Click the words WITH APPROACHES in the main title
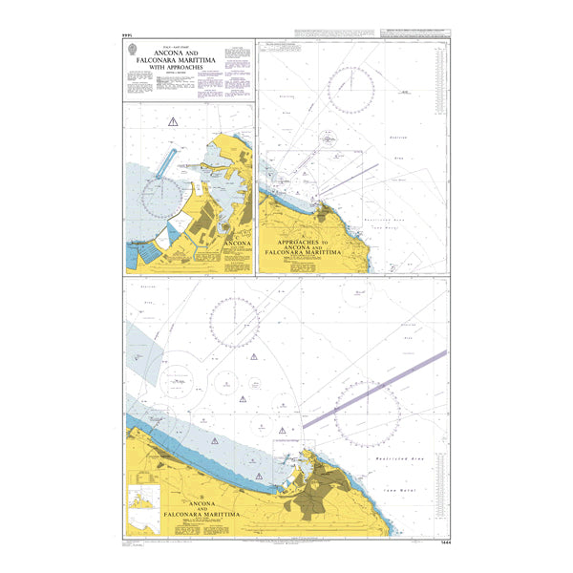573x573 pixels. [x=190, y=68]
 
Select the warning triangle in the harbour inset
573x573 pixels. [x=172, y=120]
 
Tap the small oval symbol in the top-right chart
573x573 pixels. [x=329, y=140]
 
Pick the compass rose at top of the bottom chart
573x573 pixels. [x=236, y=322]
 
